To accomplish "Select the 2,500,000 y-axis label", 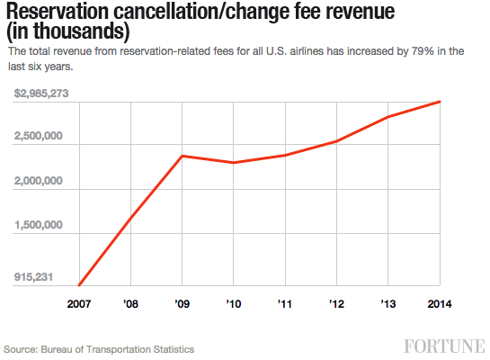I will pos(38,137).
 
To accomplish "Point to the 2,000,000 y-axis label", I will pos(38,181).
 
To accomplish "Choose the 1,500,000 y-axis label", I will pos(38,225).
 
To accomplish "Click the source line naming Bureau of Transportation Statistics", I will pos(99,348).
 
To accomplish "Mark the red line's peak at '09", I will pos(183,156).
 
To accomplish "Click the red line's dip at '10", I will pos(234,163).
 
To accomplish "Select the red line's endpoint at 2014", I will pos(440,102).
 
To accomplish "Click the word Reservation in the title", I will pos(62,13).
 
